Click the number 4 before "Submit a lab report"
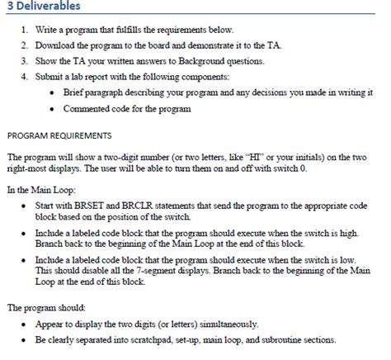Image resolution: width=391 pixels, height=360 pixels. [x=24, y=77]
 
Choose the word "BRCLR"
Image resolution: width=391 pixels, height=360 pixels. [x=132, y=206]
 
